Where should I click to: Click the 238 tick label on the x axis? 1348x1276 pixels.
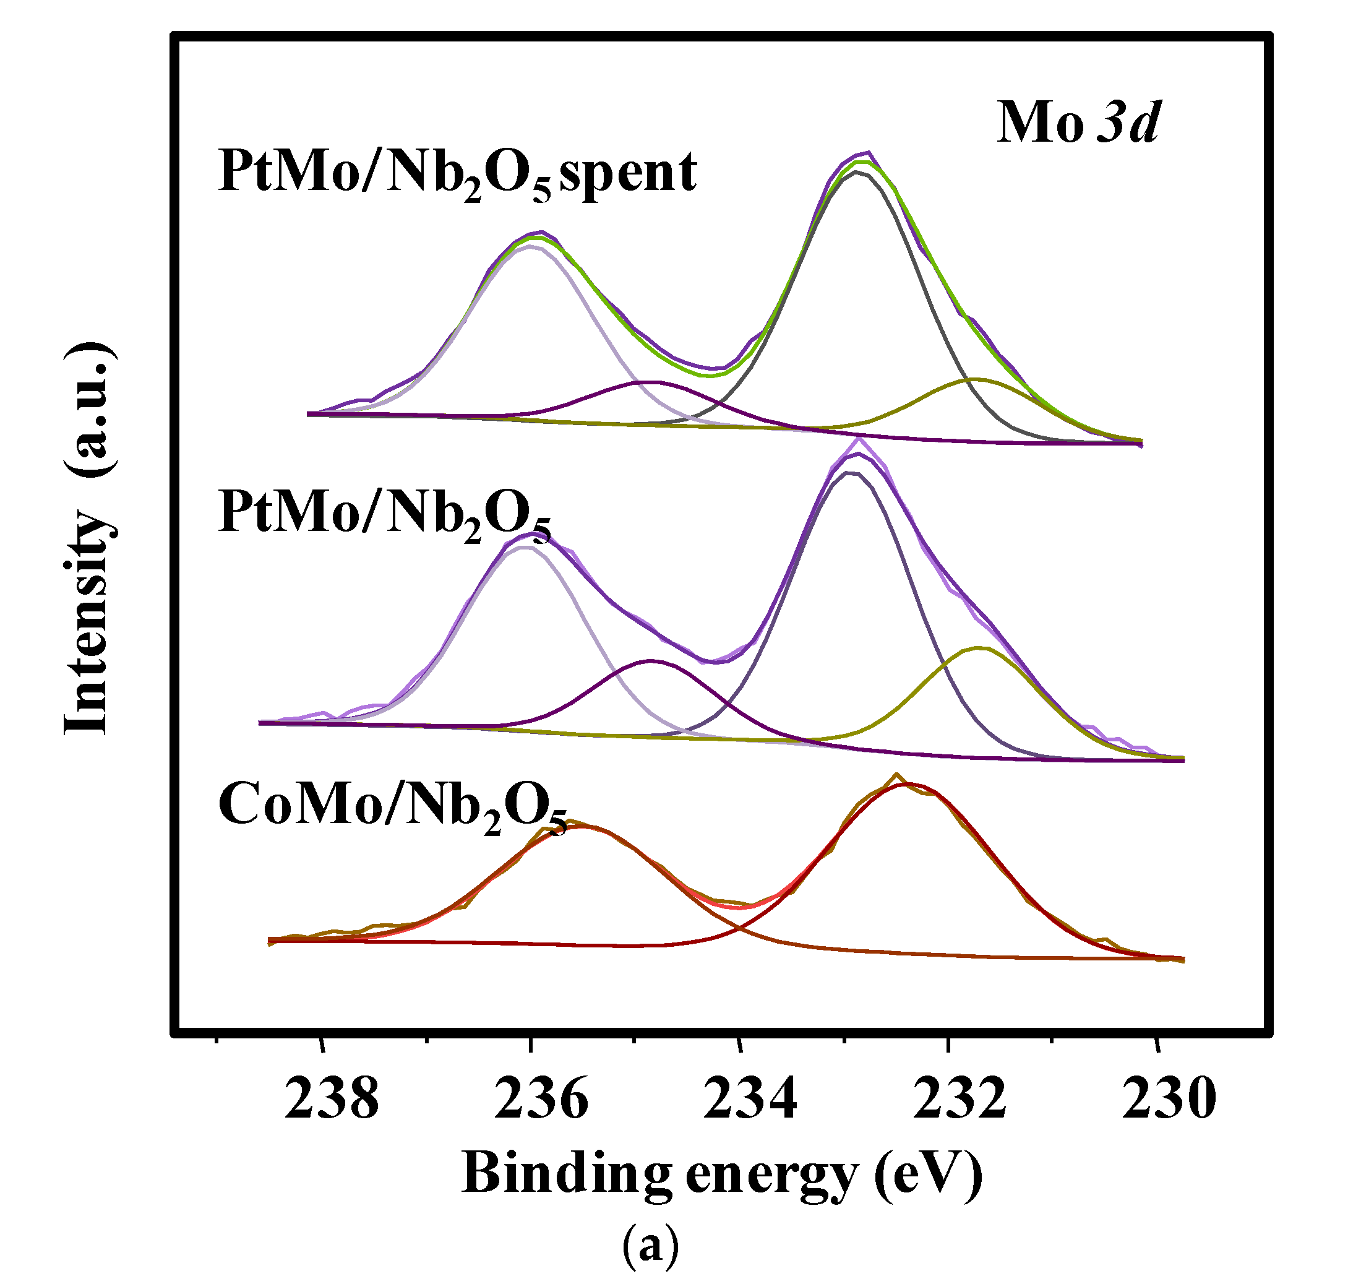tap(331, 1100)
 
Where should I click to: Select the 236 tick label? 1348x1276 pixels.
tap(541, 1100)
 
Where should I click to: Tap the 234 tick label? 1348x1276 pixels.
tap(750, 1100)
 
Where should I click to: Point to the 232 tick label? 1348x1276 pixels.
tap(959, 1100)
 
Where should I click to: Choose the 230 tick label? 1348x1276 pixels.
tap(1169, 1100)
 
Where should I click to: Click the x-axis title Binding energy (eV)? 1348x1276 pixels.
tap(721, 1174)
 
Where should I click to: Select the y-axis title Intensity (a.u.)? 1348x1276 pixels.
tap(88, 537)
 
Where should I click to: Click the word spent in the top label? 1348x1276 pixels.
tap(628, 173)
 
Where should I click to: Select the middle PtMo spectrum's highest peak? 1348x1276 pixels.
tap(858, 441)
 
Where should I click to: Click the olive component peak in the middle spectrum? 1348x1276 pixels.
tap(979, 647)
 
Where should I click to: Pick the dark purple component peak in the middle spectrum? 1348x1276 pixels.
tap(651, 660)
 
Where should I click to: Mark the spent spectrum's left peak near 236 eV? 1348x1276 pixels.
tap(541, 233)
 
